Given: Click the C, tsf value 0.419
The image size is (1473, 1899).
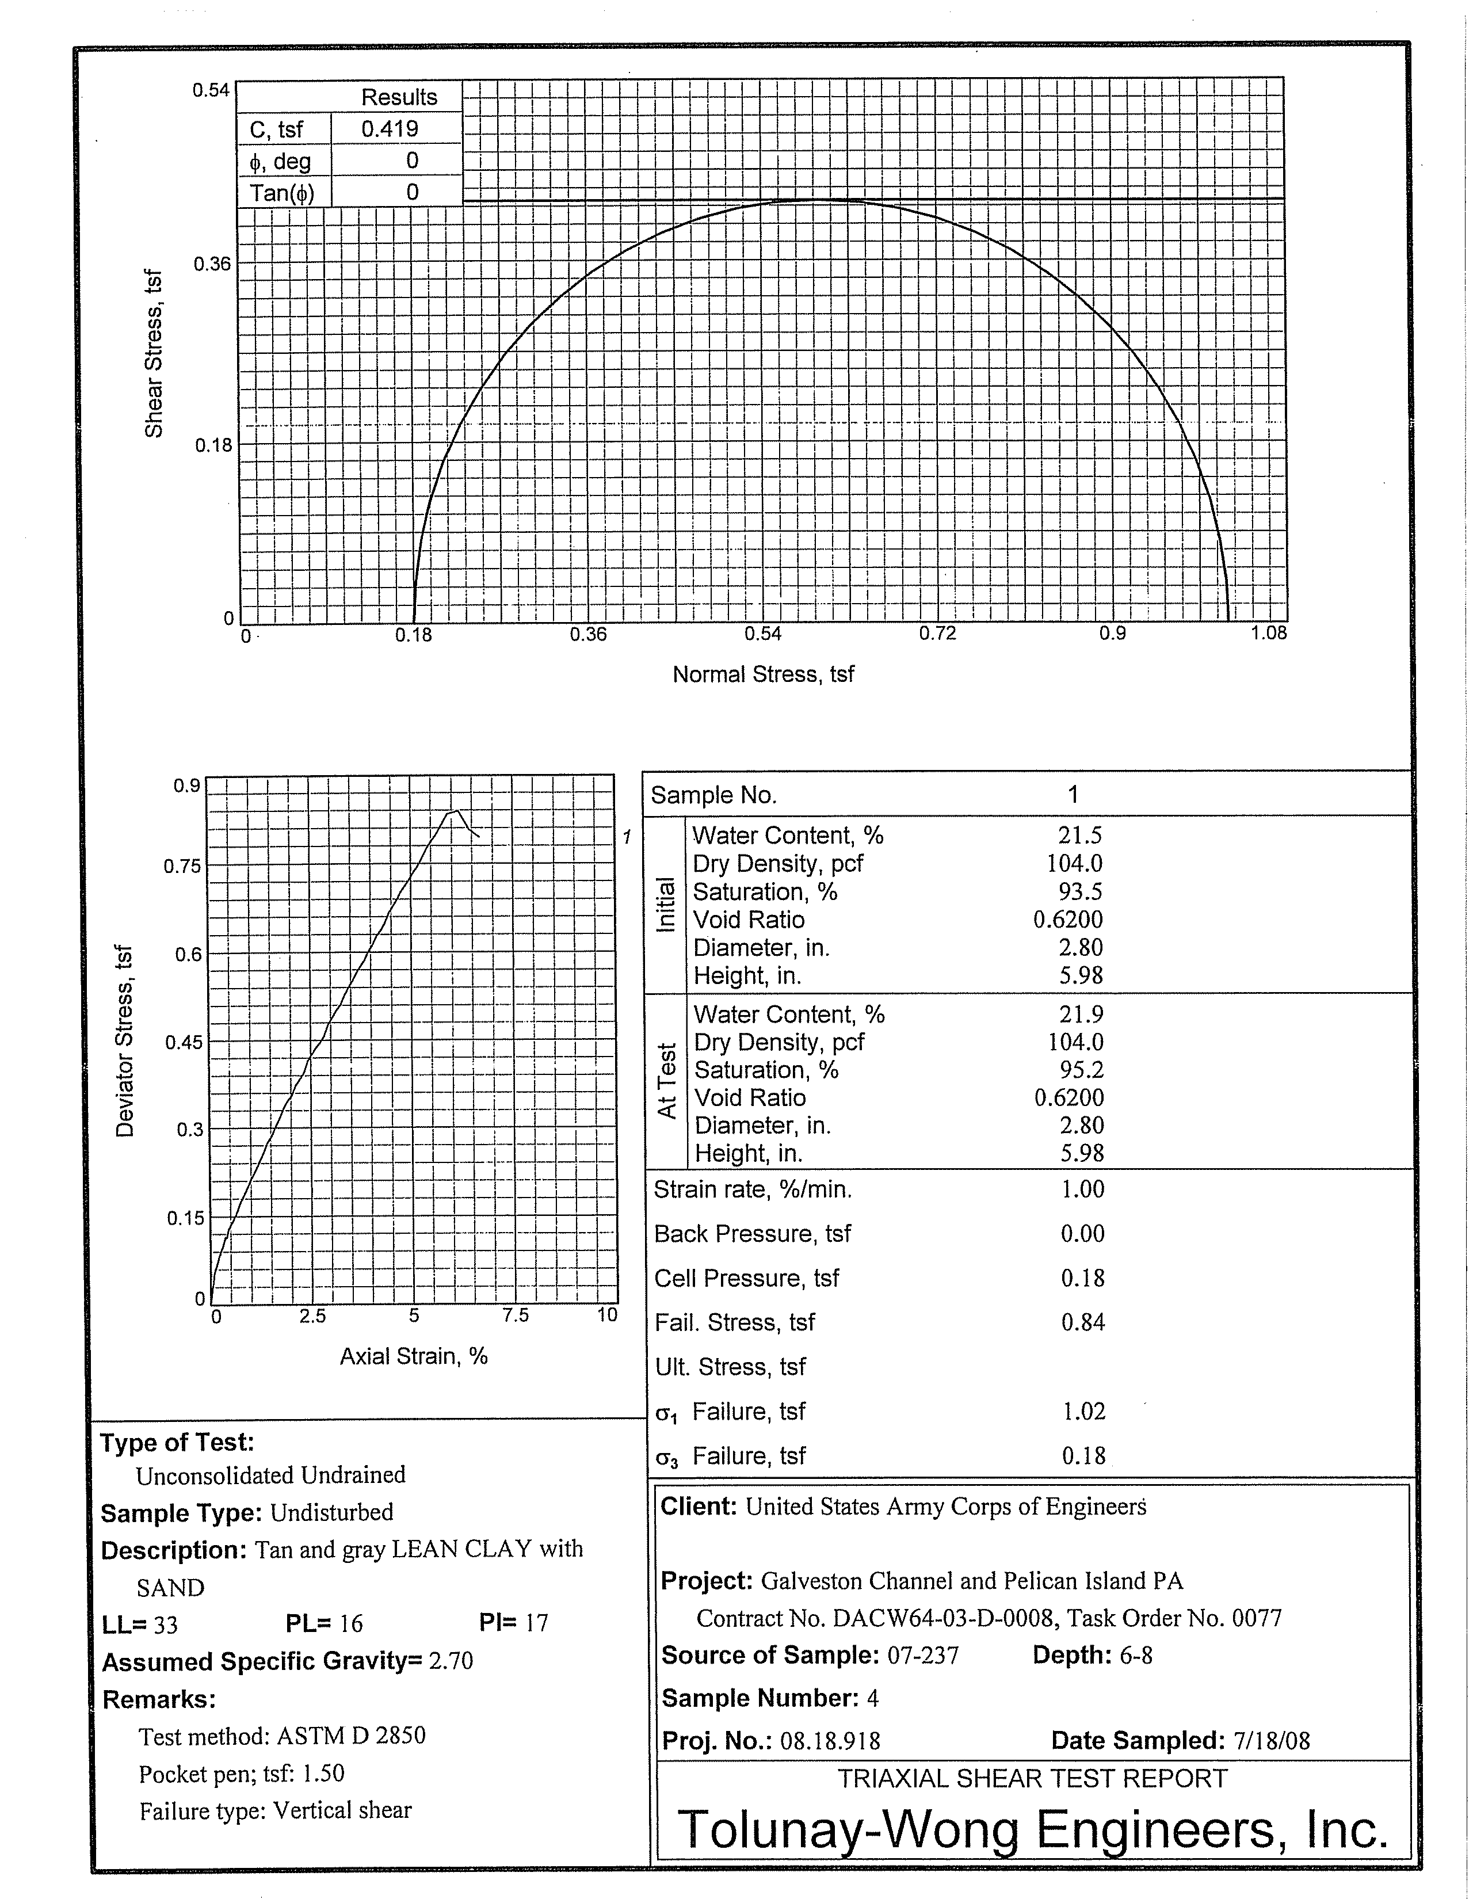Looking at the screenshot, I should click(x=390, y=129).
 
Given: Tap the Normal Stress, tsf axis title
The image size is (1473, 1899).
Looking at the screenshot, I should click(x=762, y=675).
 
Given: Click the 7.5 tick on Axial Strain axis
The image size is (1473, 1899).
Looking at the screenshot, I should click(x=515, y=1315).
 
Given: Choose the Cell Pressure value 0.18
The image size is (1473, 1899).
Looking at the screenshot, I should click(x=1082, y=1278).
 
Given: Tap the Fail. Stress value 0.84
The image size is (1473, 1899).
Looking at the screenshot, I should click(x=1082, y=1322).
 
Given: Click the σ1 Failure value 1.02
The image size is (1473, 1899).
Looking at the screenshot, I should click(x=1083, y=1411).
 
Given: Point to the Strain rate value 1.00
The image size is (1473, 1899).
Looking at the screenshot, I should click(x=1082, y=1189).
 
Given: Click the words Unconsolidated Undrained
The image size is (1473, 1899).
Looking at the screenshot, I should click(x=270, y=1475).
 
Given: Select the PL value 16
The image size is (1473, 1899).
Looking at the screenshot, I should click(x=350, y=1623).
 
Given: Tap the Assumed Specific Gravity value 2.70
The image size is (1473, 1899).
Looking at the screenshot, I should click(x=451, y=1661).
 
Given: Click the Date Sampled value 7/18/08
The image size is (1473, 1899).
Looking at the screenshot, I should click(x=1271, y=1741).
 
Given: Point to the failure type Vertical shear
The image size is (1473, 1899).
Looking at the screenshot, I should click(x=342, y=1810).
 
